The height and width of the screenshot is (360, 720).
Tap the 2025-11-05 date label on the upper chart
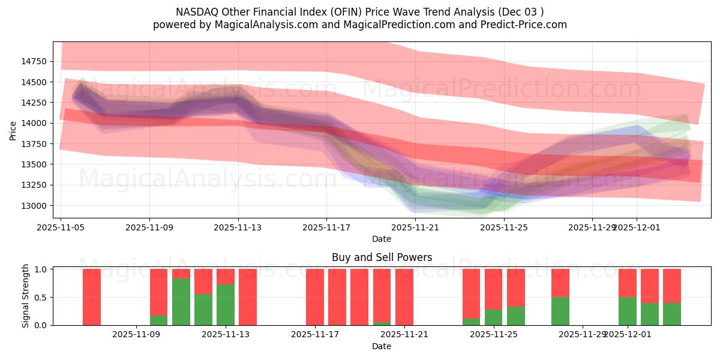(61, 228)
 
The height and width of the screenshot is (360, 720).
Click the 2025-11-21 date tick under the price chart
(415, 228)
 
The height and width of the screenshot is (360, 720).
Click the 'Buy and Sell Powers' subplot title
(382, 257)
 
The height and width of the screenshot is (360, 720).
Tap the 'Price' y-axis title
(14, 130)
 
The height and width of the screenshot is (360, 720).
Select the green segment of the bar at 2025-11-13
(226, 305)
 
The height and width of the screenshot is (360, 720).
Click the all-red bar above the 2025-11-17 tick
(315, 297)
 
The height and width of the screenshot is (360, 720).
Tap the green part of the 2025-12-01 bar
(628, 311)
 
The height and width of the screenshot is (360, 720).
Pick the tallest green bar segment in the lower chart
(181, 302)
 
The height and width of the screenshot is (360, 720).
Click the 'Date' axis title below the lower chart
(382, 346)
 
